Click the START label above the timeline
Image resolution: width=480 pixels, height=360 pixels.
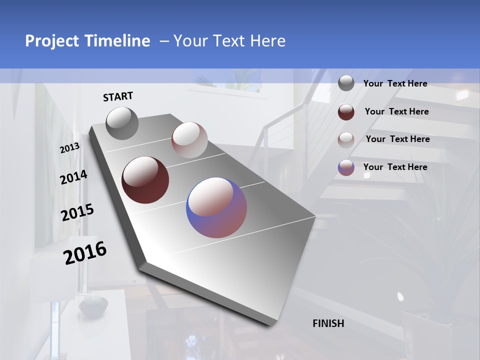(x=118, y=96)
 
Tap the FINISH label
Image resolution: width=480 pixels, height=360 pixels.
(x=328, y=323)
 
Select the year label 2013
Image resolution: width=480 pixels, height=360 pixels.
(x=69, y=148)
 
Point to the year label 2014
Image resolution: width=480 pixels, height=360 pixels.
(x=73, y=177)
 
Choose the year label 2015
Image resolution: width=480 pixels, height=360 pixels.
(x=77, y=212)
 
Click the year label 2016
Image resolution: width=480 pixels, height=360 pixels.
(x=85, y=252)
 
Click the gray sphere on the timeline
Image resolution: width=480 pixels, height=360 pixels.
(x=122, y=123)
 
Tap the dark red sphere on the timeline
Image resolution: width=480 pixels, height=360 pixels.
(x=145, y=180)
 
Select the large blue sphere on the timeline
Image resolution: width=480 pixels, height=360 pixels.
(x=216, y=207)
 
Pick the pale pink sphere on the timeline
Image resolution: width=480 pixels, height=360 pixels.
(x=189, y=139)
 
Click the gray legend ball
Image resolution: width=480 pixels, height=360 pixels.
(x=346, y=83)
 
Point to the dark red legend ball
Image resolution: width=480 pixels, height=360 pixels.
(x=346, y=112)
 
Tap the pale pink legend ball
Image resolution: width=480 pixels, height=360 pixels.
(x=346, y=139)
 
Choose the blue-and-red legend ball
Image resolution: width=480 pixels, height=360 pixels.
(x=346, y=167)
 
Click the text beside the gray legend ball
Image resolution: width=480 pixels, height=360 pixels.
(x=395, y=84)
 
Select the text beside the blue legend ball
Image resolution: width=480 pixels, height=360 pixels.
(x=395, y=167)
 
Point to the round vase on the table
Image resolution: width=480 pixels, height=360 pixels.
(x=93, y=305)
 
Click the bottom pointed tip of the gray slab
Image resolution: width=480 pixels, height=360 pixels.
(x=270, y=324)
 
